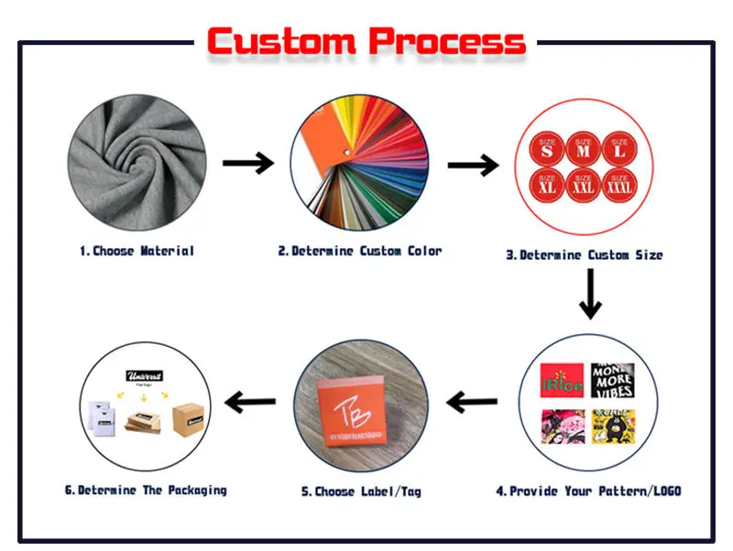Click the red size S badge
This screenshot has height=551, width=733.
[547, 149]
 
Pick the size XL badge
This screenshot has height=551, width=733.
[547, 186]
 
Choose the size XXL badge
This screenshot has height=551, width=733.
[583, 186]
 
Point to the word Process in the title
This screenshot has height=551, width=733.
[447, 42]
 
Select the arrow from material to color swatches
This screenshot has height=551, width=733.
[247, 164]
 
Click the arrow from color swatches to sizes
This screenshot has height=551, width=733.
[473, 165]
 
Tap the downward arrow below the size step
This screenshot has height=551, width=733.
[590, 295]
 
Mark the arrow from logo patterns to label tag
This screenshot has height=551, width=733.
[472, 400]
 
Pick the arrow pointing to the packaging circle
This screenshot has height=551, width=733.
[250, 400]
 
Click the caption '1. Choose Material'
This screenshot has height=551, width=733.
[137, 251]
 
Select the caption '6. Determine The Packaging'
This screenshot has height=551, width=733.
[145, 491]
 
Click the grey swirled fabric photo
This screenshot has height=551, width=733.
[136, 165]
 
